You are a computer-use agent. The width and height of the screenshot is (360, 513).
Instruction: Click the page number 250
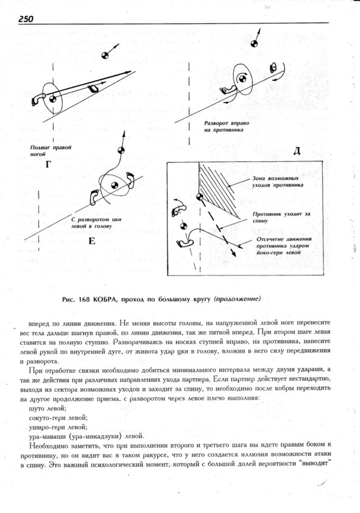[x=26, y=19]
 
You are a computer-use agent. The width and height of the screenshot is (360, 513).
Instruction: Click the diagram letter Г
[x=48, y=165]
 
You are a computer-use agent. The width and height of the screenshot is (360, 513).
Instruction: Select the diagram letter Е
[x=92, y=241]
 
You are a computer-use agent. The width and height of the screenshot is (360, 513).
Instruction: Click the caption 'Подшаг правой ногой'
[x=51, y=150]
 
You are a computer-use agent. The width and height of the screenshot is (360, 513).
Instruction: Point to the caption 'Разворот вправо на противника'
[x=227, y=126]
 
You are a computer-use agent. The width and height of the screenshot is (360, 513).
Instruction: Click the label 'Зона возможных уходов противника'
[x=277, y=182]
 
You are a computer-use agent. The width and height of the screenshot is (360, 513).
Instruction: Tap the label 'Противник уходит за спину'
[x=281, y=218]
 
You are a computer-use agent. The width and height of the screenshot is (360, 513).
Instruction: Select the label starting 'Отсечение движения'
[x=284, y=246]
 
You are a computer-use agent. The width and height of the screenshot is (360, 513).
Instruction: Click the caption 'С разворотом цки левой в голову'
[x=96, y=222]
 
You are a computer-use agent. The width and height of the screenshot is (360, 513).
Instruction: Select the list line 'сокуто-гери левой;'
[x=58, y=418]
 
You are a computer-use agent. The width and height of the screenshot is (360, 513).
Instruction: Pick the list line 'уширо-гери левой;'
[x=58, y=427]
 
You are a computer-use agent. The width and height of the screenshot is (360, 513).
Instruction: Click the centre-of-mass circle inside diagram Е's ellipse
[x=114, y=185]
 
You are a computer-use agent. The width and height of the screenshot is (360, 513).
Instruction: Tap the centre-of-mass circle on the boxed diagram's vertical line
[x=199, y=197]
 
